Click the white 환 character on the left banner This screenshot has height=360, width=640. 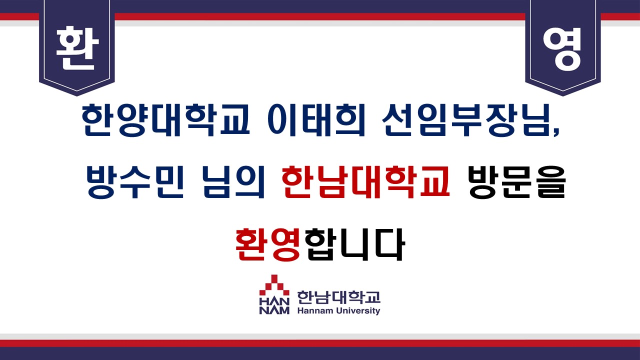(x=77, y=48)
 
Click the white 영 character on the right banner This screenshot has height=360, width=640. (x=562, y=49)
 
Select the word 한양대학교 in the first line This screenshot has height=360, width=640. (x=165, y=119)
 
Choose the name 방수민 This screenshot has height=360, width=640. (x=135, y=182)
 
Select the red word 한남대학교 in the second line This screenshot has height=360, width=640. (x=365, y=182)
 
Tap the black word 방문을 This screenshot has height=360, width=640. (x=516, y=182)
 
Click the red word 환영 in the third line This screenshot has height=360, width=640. (x=267, y=244)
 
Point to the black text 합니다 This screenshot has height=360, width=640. (x=354, y=244)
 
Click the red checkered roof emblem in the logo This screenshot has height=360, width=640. (x=274, y=285)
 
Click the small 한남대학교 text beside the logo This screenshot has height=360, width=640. (x=339, y=297)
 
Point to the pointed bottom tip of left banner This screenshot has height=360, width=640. (x=77, y=96)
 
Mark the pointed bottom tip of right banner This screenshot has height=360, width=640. (x=563, y=96)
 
